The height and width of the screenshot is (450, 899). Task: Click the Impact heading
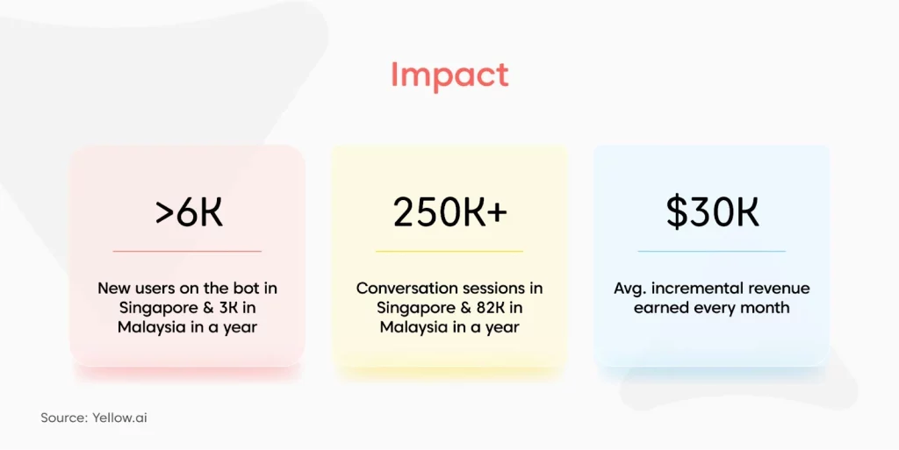[x=449, y=76]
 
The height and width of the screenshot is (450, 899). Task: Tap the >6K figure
[x=189, y=211]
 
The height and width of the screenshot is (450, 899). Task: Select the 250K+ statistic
[x=450, y=211]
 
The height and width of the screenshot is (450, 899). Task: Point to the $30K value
[x=712, y=211]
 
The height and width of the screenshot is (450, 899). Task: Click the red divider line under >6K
[x=187, y=251]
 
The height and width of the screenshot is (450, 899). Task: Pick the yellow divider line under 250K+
[x=449, y=251]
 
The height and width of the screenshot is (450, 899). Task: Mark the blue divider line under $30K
[x=711, y=251]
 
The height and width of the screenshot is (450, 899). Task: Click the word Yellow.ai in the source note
[x=119, y=418]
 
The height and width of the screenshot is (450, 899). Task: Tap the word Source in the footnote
[x=64, y=418]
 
